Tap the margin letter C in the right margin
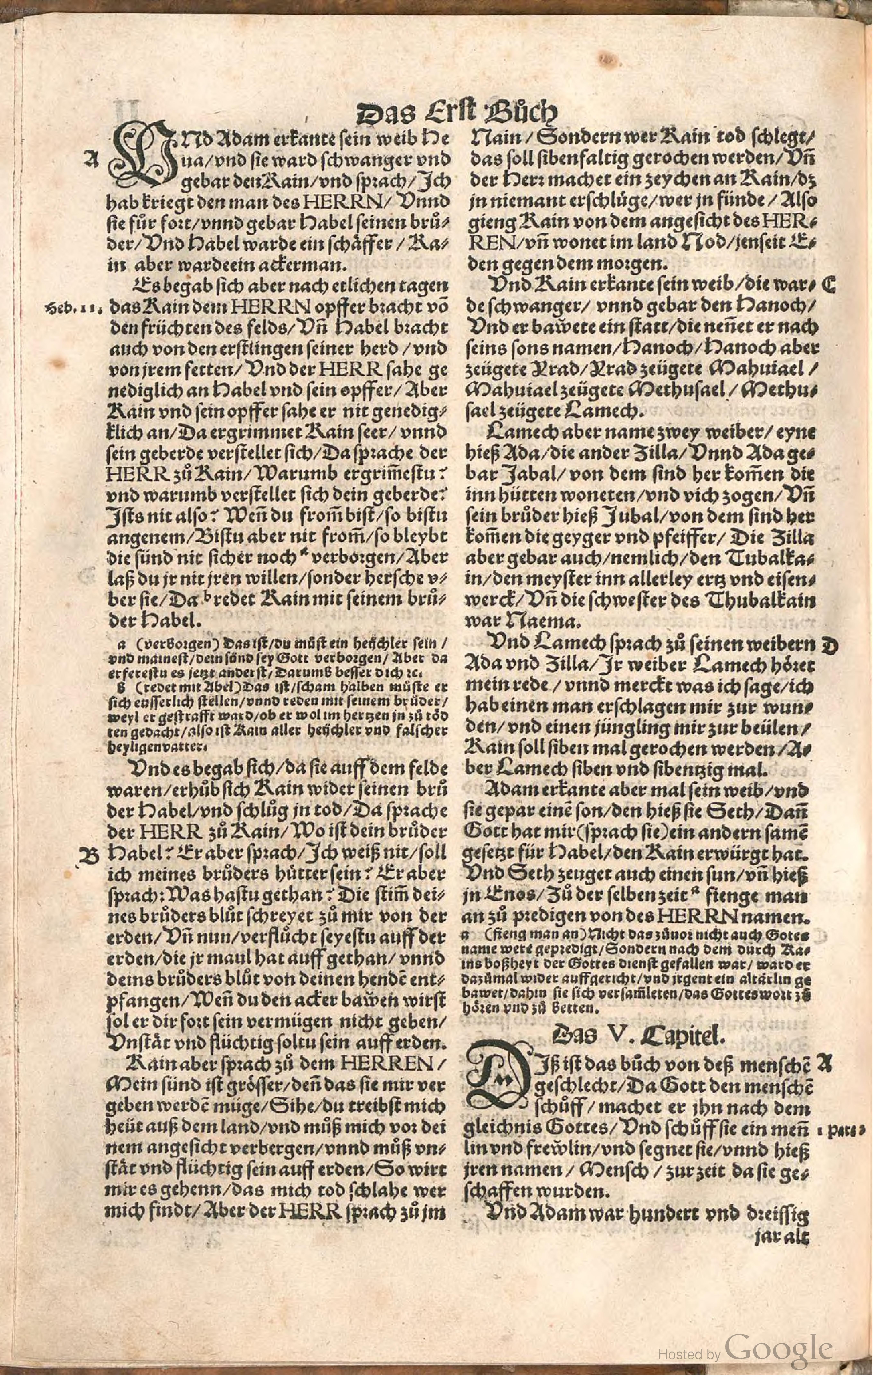coord(829,284)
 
